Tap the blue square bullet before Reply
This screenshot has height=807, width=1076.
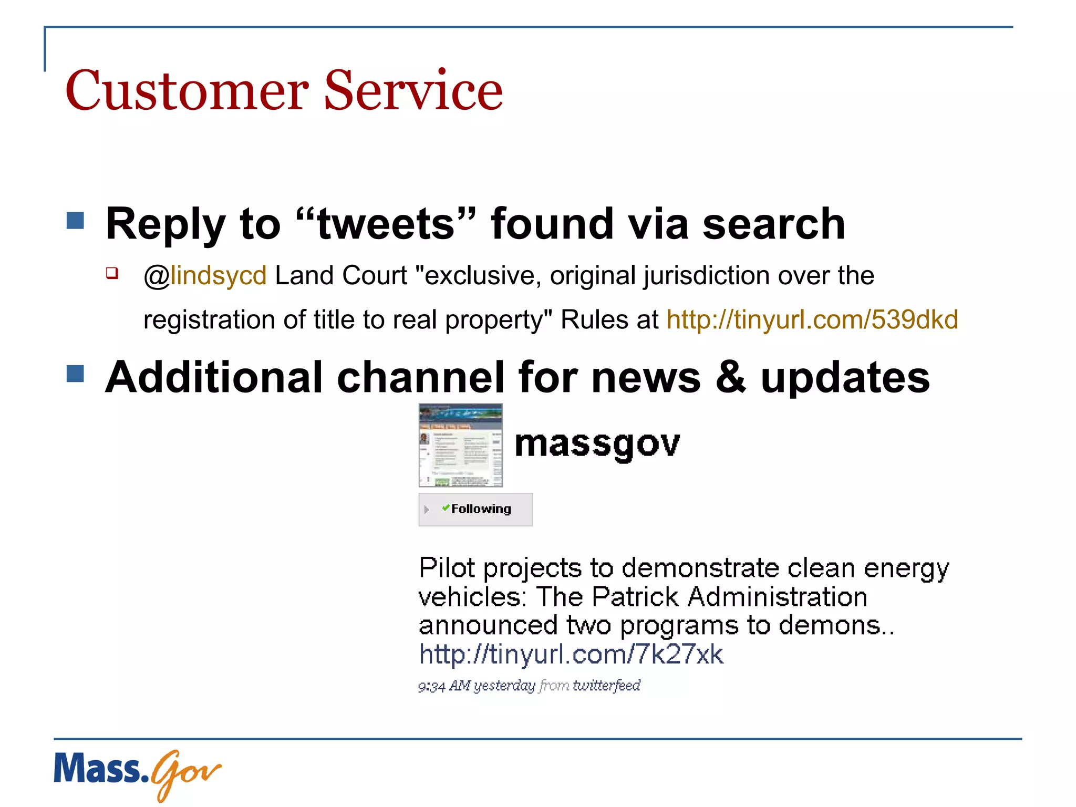pos(76,221)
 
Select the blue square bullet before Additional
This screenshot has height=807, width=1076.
pos(76,374)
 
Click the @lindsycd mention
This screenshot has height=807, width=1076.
pos(205,276)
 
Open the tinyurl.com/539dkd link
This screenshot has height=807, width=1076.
pos(812,319)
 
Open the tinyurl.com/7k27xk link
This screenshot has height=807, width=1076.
pos(571,655)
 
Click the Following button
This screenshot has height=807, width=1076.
pos(475,509)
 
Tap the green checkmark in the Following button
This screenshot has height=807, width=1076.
pos(446,508)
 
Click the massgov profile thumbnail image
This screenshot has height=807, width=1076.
pos(460,445)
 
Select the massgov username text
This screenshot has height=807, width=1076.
pos(597,444)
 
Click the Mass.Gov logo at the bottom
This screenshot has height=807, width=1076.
pos(137,772)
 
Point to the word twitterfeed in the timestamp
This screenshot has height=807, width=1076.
pos(606,686)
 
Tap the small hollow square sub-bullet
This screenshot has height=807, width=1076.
pos(112,273)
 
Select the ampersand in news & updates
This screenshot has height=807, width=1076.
pos(730,377)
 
